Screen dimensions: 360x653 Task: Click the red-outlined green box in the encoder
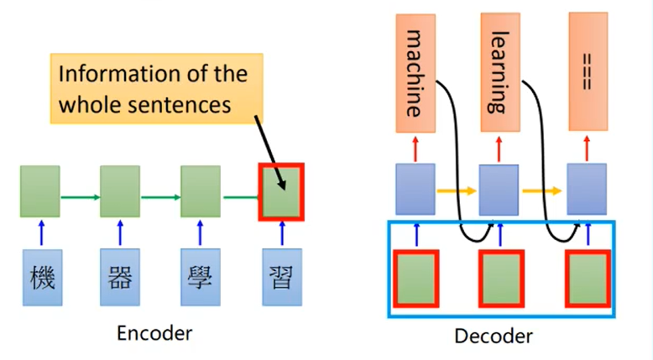281,191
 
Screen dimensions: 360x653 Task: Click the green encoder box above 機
40,191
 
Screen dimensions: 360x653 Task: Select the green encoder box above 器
120,191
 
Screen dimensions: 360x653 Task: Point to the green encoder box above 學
201,191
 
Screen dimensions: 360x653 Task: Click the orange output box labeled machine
415,73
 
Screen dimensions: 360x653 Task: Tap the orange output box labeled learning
501,73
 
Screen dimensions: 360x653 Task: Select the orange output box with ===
588,73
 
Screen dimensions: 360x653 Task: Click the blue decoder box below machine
415,189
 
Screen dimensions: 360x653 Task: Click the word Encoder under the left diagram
155,333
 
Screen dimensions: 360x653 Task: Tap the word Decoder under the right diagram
494,337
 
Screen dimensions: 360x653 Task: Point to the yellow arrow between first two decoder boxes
457,191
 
